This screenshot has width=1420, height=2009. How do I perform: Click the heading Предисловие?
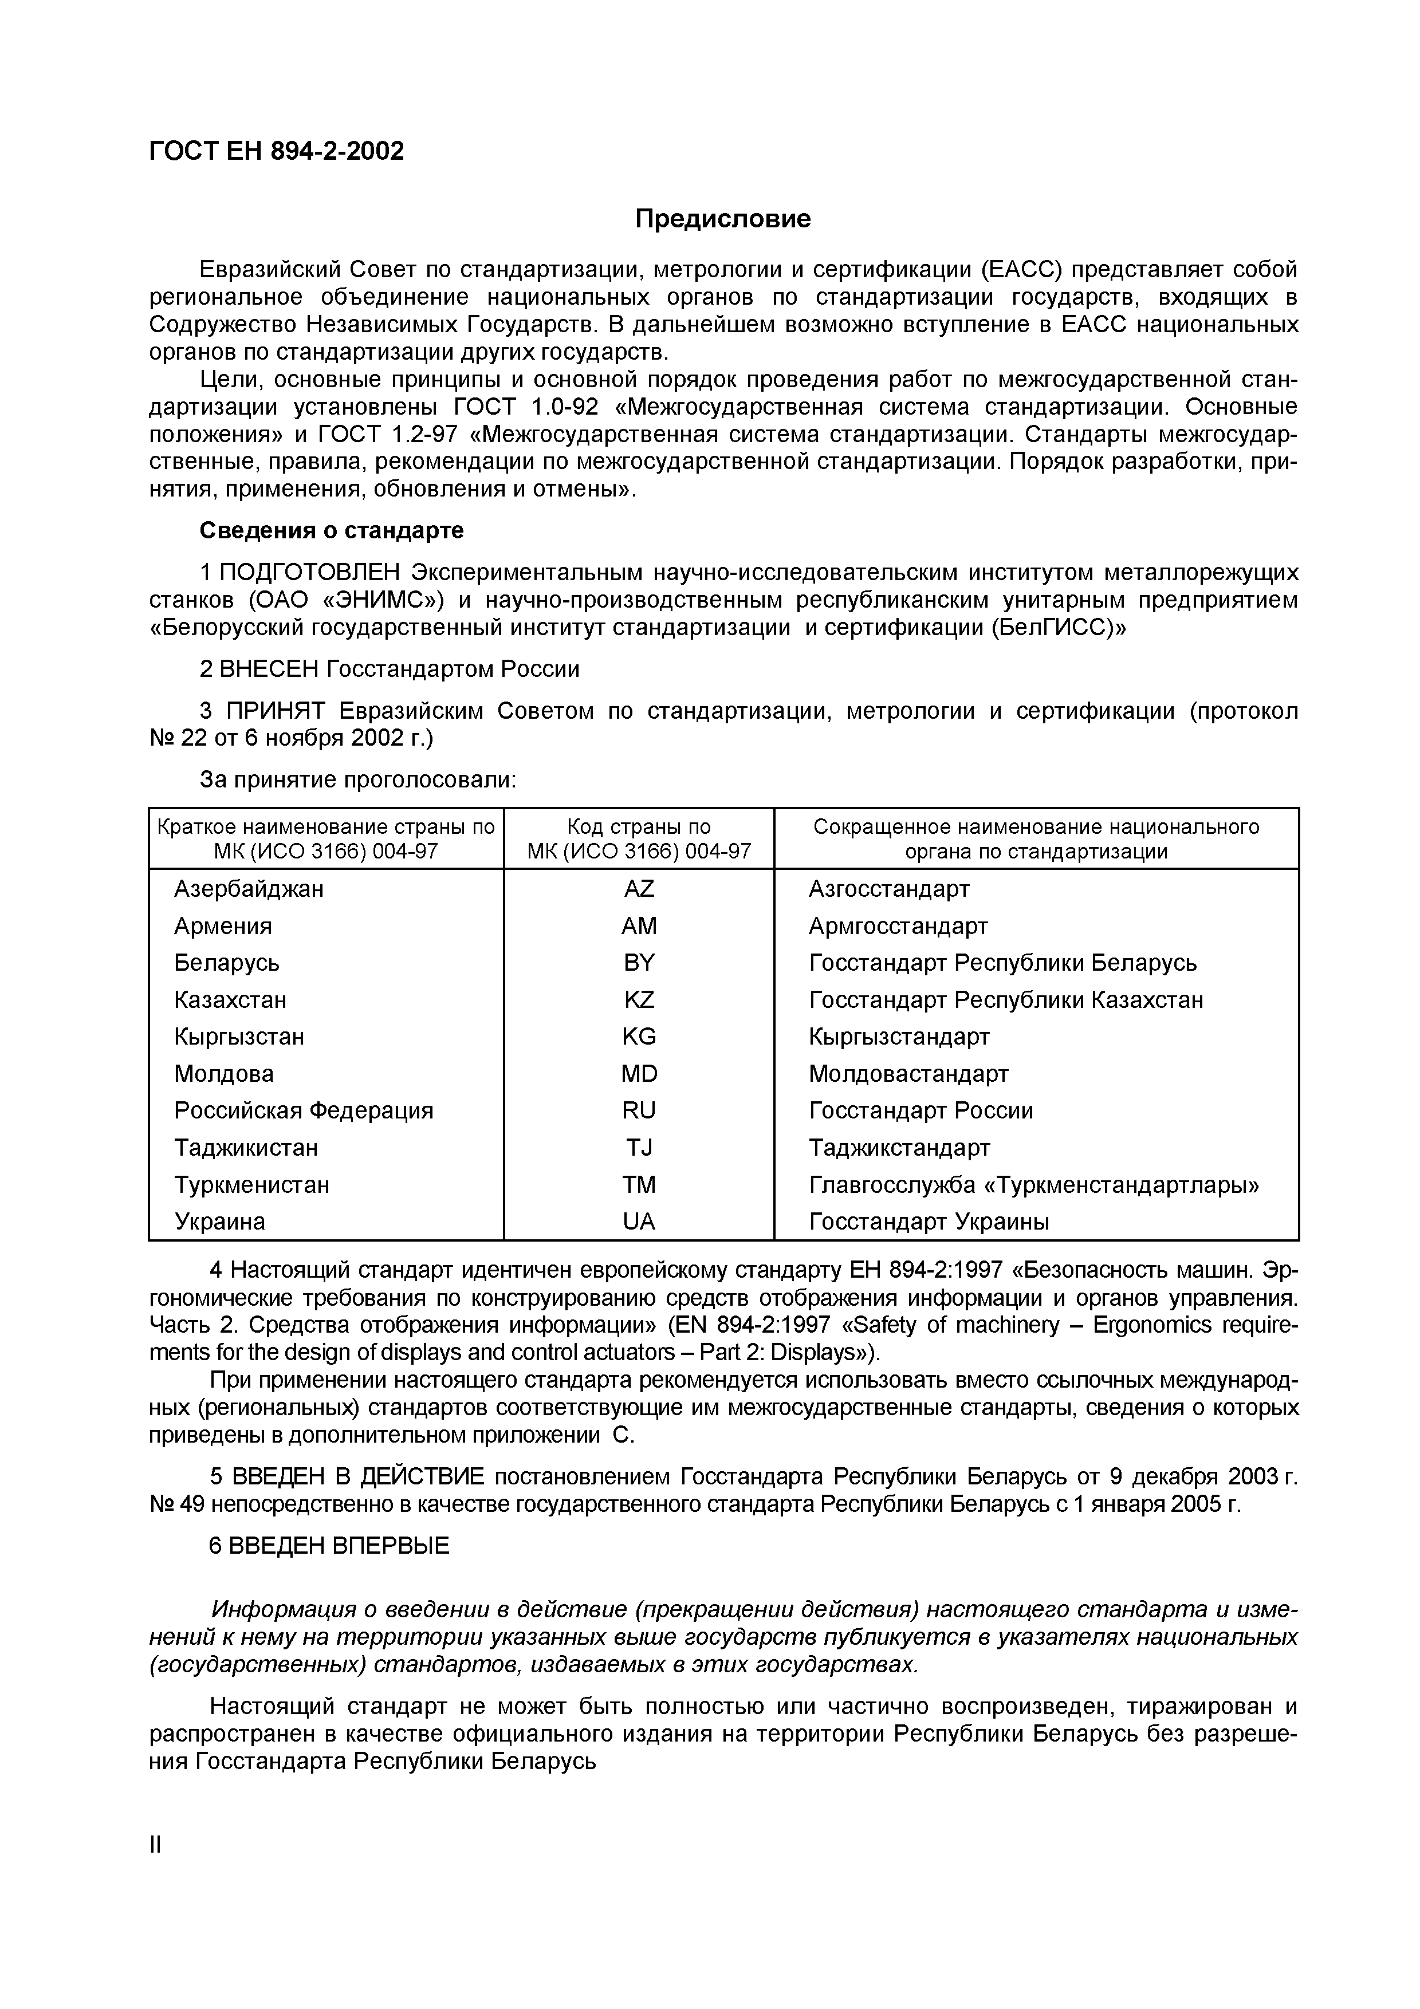[723, 219]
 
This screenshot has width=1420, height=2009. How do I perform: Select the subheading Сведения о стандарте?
[332, 531]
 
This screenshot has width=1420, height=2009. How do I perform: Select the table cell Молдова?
[224, 1074]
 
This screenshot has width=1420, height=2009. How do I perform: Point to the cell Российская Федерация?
[304, 1110]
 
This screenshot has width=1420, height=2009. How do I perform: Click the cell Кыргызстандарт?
[899, 1037]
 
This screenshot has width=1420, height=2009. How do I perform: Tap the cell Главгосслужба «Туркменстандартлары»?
[1034, 1185]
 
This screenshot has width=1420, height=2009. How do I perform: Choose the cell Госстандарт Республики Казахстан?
[1005, 999]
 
